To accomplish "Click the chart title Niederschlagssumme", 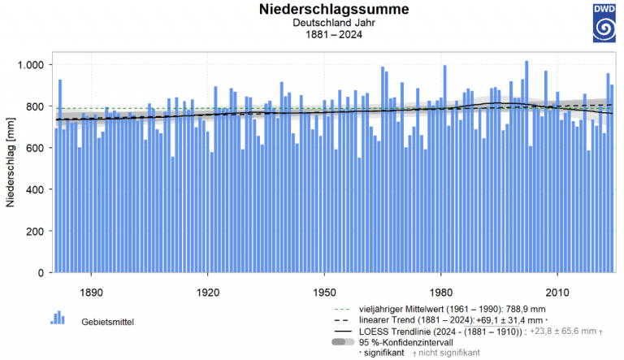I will [334, 10].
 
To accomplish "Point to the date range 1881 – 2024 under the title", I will [334, 35].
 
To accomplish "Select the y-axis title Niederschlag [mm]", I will [11, 167].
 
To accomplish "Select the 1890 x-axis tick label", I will [91, 291].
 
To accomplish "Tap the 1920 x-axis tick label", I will [208, 291].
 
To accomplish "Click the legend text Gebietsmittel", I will [107, 322].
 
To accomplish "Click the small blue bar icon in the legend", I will [58, 318].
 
